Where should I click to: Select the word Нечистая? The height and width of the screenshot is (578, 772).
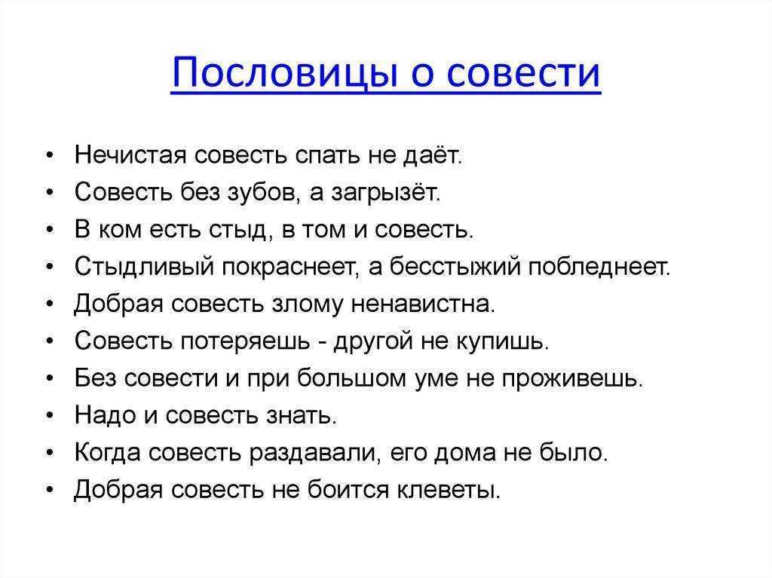click(x=130, y=155)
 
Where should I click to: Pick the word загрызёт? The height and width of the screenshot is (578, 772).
click(x=386, y=193)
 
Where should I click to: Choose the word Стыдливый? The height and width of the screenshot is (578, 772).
click(x=145, y=268)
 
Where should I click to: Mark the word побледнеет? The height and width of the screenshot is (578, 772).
click(x=599, y=267)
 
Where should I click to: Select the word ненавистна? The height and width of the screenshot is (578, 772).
click(x=423, y=304)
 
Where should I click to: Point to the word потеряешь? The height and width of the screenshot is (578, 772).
click(x=246, y=341)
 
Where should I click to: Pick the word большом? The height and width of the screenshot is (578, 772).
click(x=352, y=378)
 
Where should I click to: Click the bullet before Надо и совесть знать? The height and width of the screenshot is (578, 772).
click(x=50, y=415)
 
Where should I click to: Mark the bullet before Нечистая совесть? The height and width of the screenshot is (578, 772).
click(x=50, y=155)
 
